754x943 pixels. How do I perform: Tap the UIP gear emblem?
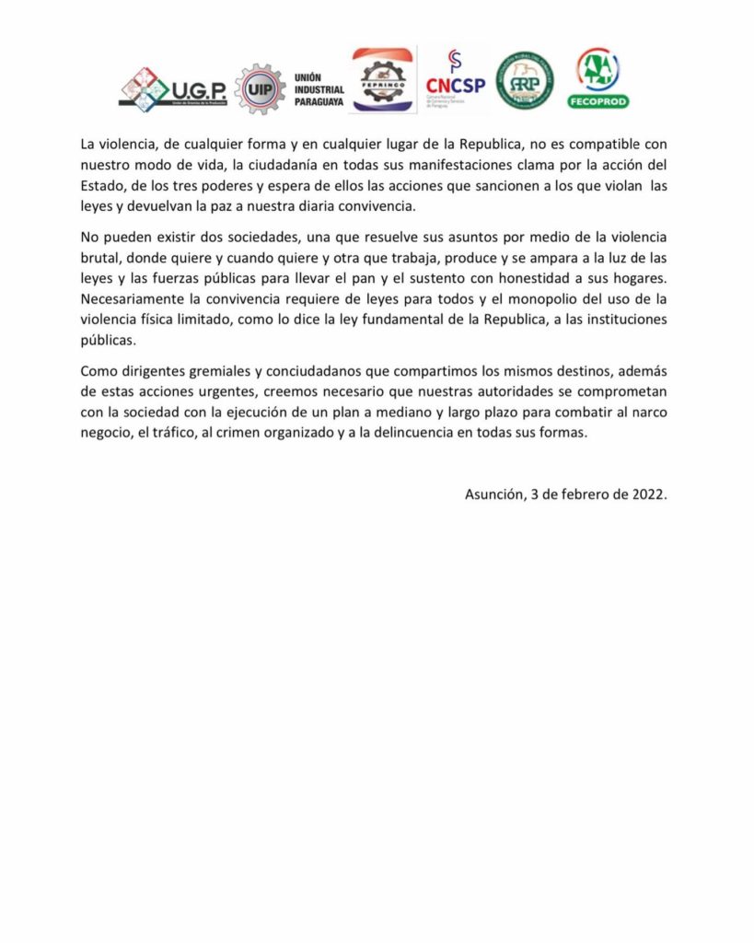260,88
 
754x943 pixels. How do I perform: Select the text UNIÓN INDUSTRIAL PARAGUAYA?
318,89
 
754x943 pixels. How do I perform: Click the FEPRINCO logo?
383,81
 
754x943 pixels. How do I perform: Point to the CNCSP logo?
455,81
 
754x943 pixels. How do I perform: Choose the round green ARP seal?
525,81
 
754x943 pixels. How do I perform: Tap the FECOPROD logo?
597,78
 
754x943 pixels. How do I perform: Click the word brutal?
101,258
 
